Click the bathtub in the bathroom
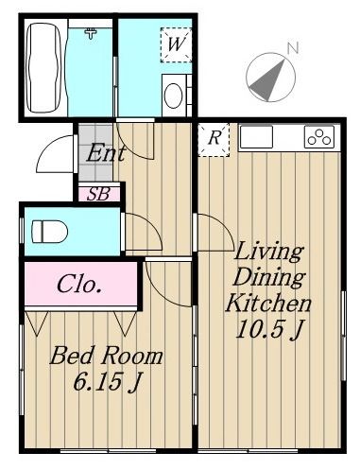click(x=43, y=68)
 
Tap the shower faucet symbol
click(x=91, y=33)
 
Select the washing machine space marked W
click(x=176, y=44)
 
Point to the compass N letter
click(x=292, y=48)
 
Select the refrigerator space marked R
click(x=214, y=139)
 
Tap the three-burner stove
click(x=319, y=137)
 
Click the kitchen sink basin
click(x=256, y=137)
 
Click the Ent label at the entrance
click(x=106, y=153)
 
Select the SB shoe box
click(x=98, y=194)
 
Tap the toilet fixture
click(x=50, y=232)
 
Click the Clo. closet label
click(x=79, y=284)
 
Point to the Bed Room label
click(x=106, y=356)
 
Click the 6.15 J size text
click(x=107, y=382)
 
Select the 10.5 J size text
click(x=269, y=329)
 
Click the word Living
click(x=268, y=252)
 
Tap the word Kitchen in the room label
click(x=268, y=304)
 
